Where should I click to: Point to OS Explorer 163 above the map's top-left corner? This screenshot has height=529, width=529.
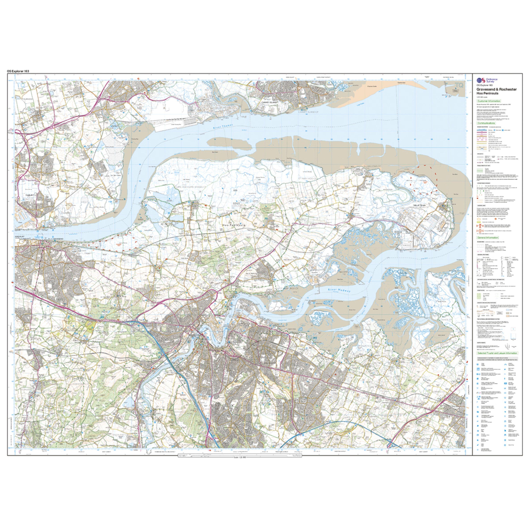pos(18,71)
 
